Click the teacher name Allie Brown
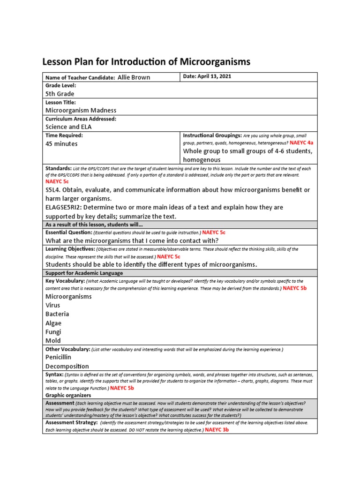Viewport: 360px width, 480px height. pyautogui.click(x=134, y=77)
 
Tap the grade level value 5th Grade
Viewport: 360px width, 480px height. pyautogui.click(x=60, y=94)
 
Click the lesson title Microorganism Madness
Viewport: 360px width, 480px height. pyautogui.click(x=81, y=110)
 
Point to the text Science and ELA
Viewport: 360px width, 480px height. pyautogui.click(x=69, y=127)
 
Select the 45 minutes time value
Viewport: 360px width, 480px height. pyautogui.click(x=61, y=144)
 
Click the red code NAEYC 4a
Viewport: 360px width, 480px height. pyautogui.click(x=301, y=142)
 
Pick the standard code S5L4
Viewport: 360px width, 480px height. pyautogui.click(x=54, y=190)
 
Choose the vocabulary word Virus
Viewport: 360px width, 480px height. pyautogui.click(x=52, y=305)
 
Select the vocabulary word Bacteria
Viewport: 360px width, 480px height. pyautogui.click(x=57, y=314)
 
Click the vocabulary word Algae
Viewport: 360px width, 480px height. pyautogui.click(x=53, y=323)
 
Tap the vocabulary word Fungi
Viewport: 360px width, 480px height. pyautogui.click(x=53, y=332)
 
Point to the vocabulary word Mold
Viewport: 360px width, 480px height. pyautogui.click(x=53, y=341)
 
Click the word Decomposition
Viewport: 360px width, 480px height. pyautogui.click(x=67, y=366)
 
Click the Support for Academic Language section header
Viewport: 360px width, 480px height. pyautogui.click(x=84, y=273)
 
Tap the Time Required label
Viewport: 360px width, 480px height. pyautogui.click(x=64, y=135)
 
